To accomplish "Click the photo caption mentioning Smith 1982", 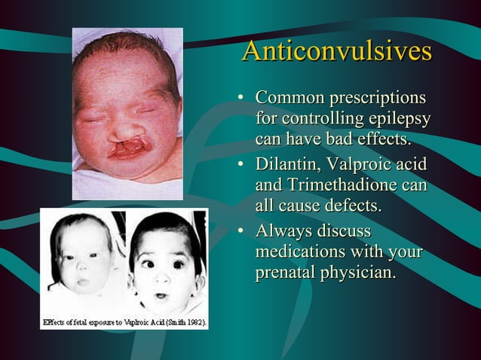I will coord(124,322).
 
